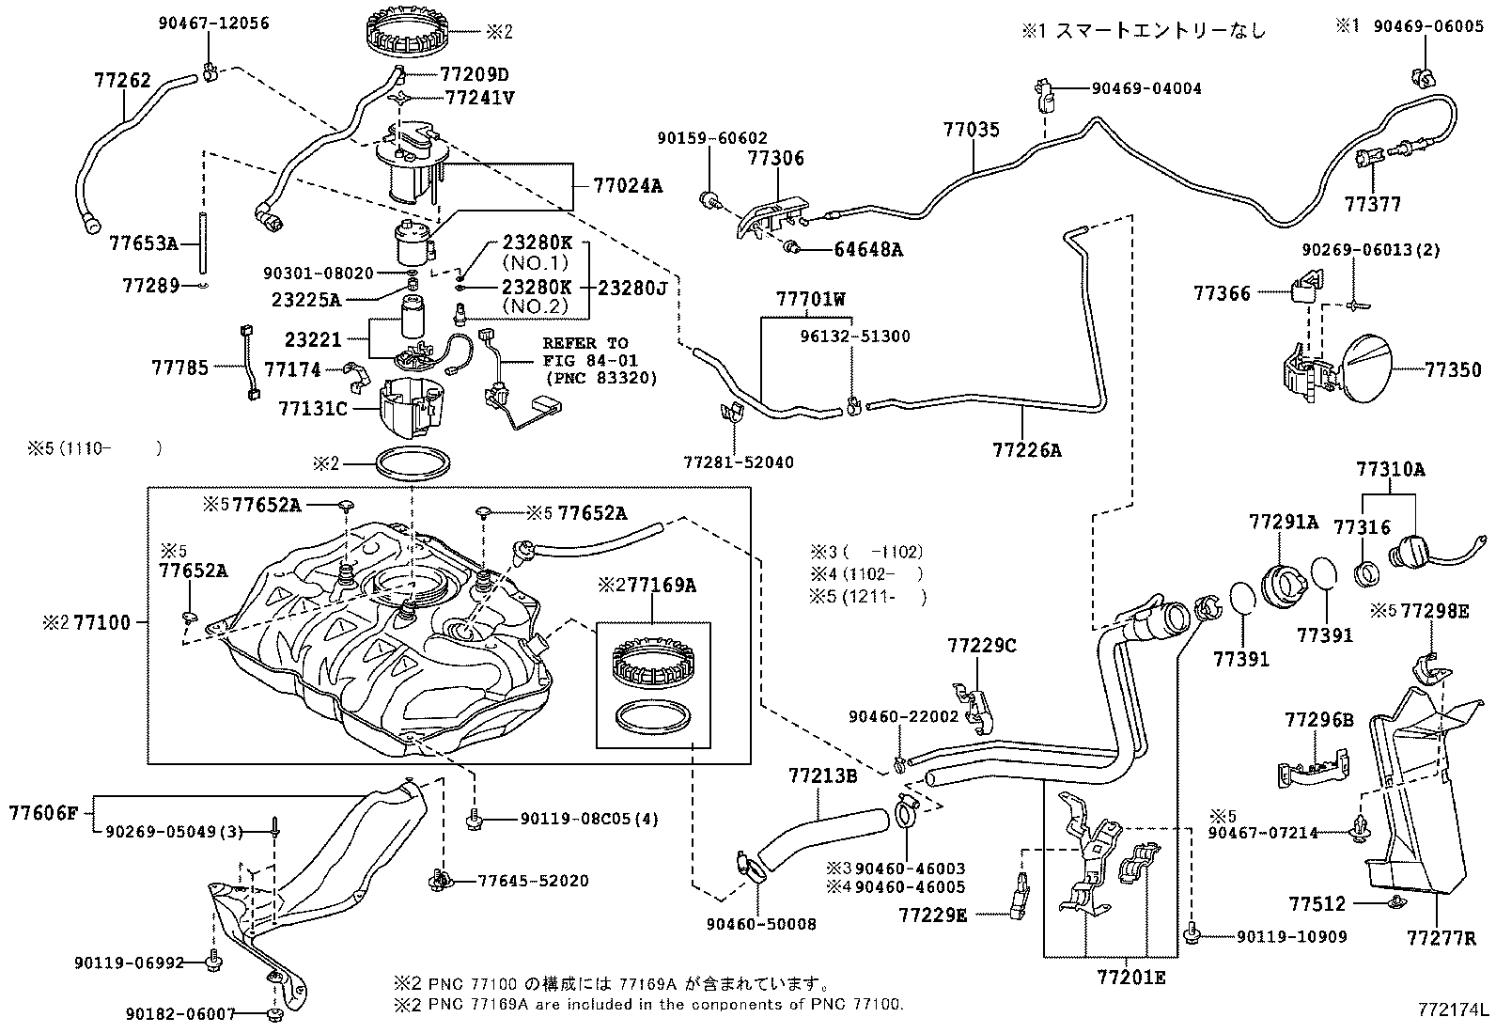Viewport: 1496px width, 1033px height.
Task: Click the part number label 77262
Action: (x=122, y=80)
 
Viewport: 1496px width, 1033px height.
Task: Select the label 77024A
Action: (x=627, y=186)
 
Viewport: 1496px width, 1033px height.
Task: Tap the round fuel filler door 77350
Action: (x=1362, y=371)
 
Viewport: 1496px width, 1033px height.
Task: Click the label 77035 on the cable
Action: (x=972, y=131)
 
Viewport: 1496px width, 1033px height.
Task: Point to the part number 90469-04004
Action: (x=1146, y=89)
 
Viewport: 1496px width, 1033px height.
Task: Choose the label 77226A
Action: (x=1026, y=450)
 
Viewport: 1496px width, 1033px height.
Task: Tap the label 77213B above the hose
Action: (x=822, y=775)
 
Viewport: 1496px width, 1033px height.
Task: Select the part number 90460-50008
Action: (x=760, y=924)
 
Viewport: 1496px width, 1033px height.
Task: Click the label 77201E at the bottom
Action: (x=1130, y=978)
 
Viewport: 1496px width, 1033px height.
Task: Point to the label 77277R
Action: (x=1441, y=937)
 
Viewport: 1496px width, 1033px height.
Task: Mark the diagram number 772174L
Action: (x=1454, y=1011)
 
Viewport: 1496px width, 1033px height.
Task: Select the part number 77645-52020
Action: (x=533, y=881)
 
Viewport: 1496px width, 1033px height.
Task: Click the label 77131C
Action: (x=313, y=409)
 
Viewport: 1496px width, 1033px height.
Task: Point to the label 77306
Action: (x=775, y=159)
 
